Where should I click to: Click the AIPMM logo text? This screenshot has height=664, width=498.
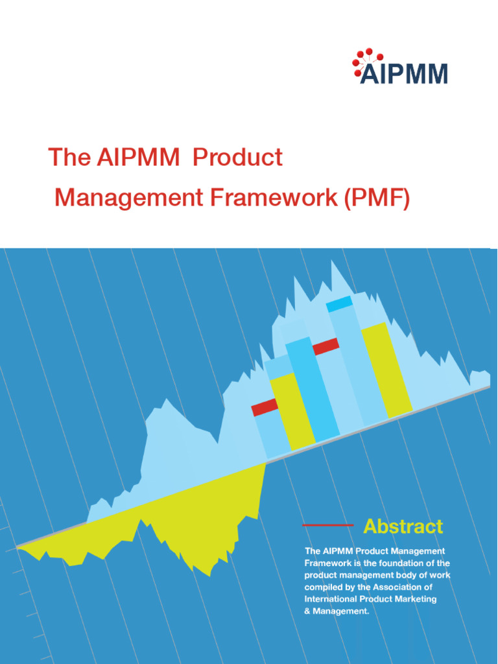(x=403, y=74)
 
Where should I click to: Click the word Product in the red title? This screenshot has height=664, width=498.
(x=238, y=157)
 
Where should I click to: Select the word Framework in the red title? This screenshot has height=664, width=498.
(x=272, y=197)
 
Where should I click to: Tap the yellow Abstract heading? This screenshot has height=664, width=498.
(x=403, y=526)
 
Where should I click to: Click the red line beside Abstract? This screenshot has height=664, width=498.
(x=328, y=525)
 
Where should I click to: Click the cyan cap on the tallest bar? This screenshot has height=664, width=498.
(x=339, y=303)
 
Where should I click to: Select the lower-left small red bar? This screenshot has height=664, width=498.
(x=264, y=407)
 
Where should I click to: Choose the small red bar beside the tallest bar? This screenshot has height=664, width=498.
(x=326, y=347)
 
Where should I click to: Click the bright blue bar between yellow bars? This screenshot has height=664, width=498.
(x=312, y=389)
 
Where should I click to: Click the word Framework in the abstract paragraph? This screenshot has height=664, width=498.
(x=328, y=563)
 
